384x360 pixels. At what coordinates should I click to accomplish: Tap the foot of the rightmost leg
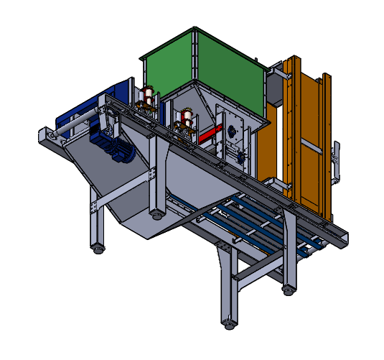coord(288,290)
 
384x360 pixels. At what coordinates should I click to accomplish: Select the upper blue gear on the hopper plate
coord(231,132)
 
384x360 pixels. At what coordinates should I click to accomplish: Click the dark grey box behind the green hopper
coord(275,87)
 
